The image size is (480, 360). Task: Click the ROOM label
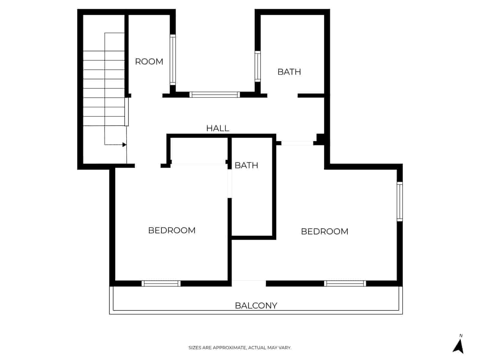pyautogui.click(x=149, y=61)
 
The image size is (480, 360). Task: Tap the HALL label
pyautogui.click(x=217, y=128)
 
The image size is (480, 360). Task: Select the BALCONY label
pyautogui.click(x=256, y=305)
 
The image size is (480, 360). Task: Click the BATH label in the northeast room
pyautogui.click(x=289, y=72)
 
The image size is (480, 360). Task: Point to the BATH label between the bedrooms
pyautogui.click(x=246, y=165)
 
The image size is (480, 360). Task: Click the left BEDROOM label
pyautogui.click(x=172, y=230)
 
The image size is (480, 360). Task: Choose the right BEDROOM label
pyautogui.click(x=324, y=231)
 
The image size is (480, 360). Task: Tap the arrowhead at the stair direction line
pyautogui.click(x=124, y=145)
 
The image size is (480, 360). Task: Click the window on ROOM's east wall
pyautogui.click(x=173, y=60)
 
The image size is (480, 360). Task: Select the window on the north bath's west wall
pyautogui.click(x=257, y=66)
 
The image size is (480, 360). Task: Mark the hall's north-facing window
pyautogui.click(x=214, y=95)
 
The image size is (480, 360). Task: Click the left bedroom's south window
pyautogui.click(x=161, y=283)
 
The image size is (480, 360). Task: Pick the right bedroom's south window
pyautogui.click(x=345, y=283)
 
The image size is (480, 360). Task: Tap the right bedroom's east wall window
pyautogui.click(x=400, y=201)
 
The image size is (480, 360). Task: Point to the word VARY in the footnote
pyautogui.click(x=285, y=348)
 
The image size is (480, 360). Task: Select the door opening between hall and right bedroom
pyautogui.click(x=297, y=143)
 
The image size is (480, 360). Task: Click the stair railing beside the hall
pyautogui.click(x=127, y=112)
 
